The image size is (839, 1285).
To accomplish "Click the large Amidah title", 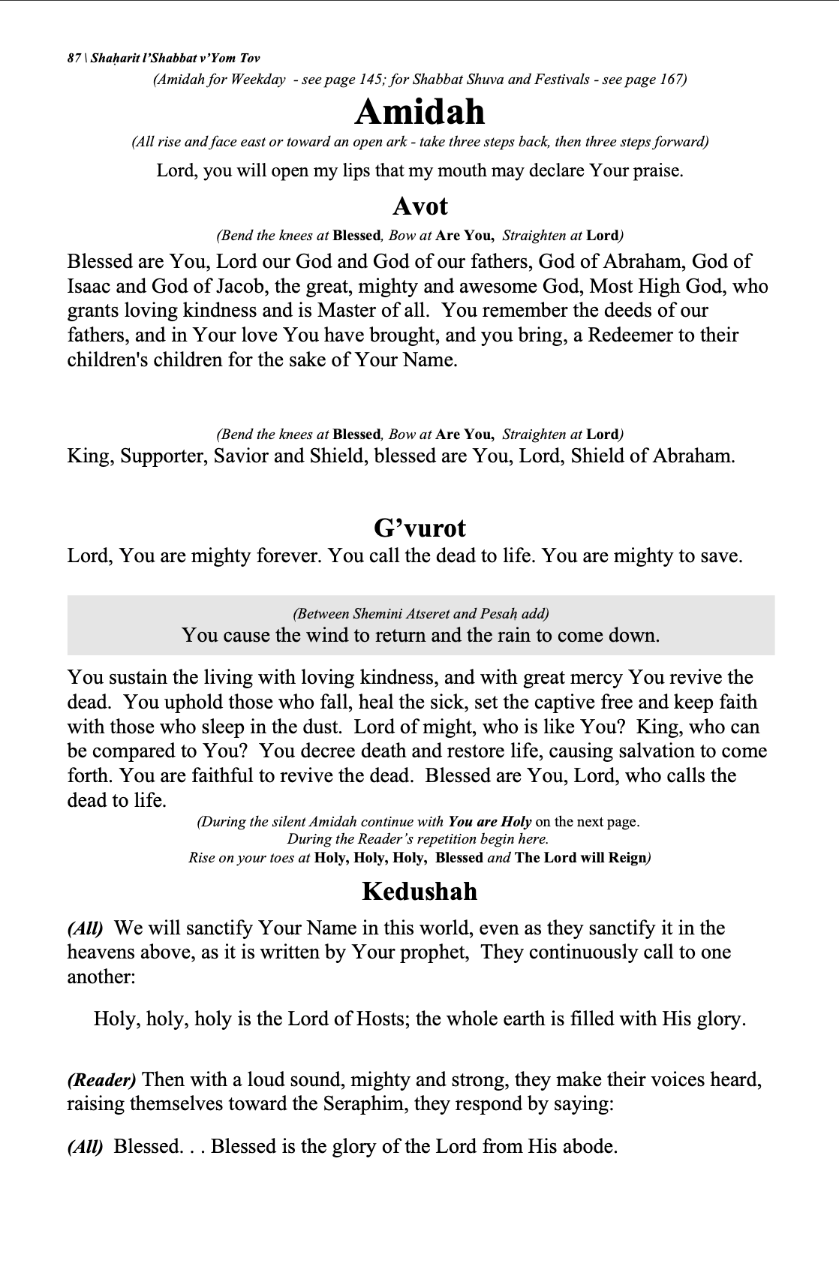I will tap(419, 113).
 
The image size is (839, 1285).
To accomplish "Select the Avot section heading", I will tap(419, 206).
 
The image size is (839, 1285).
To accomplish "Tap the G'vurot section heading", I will tap(419, 528).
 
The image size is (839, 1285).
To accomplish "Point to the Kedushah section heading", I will tap(419, 892).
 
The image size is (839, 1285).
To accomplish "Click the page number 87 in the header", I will tap(74, 59).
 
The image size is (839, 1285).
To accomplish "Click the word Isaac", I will tap(89, 286).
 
